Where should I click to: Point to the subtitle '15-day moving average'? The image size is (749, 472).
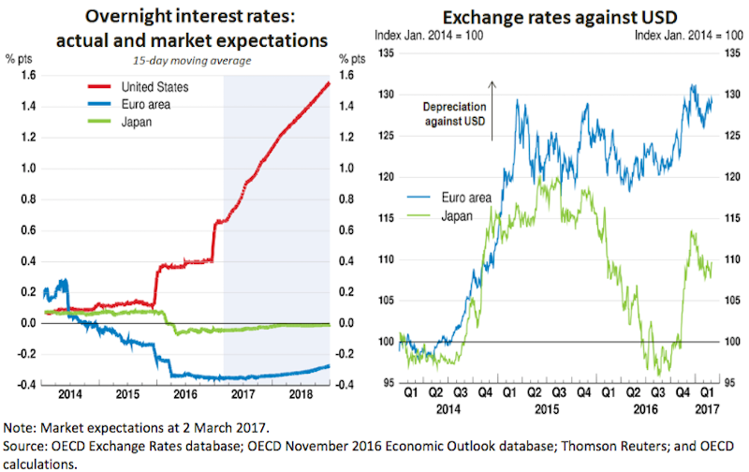point(183,61)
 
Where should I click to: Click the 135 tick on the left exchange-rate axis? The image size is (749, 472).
point(386,53)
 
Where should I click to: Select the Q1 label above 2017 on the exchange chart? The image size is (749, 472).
point(709,396)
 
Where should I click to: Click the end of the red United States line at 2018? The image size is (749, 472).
point(329,82)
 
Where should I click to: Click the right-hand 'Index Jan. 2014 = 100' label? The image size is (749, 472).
point(689,36)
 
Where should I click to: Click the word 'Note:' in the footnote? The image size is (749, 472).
point(24,425)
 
